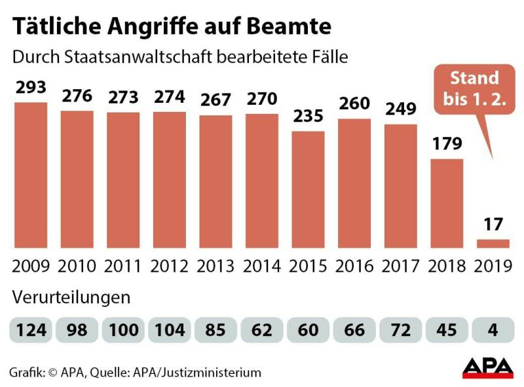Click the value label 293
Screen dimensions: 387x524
[31, 88]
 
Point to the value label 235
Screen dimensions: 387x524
[309, 116]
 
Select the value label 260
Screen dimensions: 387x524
[355, 103]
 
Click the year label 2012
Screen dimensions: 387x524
[170, 266]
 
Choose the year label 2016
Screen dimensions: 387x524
[355, 266]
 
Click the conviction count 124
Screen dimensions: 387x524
[31, 329]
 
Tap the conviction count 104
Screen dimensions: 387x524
[170, 329]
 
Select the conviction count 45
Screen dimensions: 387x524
[447, 329]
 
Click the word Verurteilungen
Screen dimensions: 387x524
[71, 297]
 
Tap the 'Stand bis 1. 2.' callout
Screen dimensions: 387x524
[474, 90]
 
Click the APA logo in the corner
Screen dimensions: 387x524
[487, 367]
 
